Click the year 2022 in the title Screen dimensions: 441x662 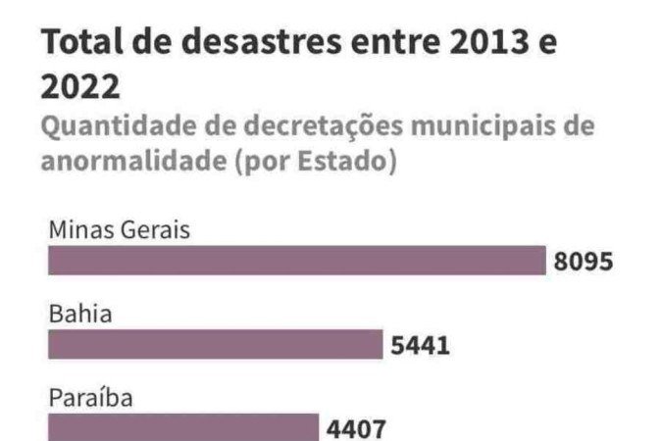point(80,88)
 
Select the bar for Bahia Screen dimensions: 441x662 point(215,345)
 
